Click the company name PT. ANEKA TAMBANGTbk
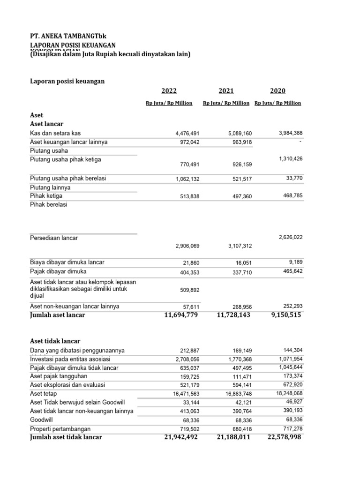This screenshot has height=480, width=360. click(71, 36)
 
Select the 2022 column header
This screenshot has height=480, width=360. click(169, 91)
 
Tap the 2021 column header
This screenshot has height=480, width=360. click(226, 91)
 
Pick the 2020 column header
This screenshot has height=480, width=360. click(277, 91)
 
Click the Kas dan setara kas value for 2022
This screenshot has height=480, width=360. click(187, 134)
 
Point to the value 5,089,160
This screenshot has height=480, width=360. click(239, 134)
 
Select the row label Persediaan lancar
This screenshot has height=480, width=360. click(54, 238)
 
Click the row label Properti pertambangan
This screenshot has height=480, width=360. click(60, 429)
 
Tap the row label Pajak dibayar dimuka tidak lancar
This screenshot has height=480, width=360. click(74, 367)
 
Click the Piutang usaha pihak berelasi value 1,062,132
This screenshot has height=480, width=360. click(187, 179)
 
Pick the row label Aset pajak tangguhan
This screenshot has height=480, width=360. click(59, 376)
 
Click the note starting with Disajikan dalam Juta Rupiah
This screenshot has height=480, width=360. click(110, 54)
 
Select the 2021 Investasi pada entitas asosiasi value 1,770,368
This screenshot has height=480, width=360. click(239, 359)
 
